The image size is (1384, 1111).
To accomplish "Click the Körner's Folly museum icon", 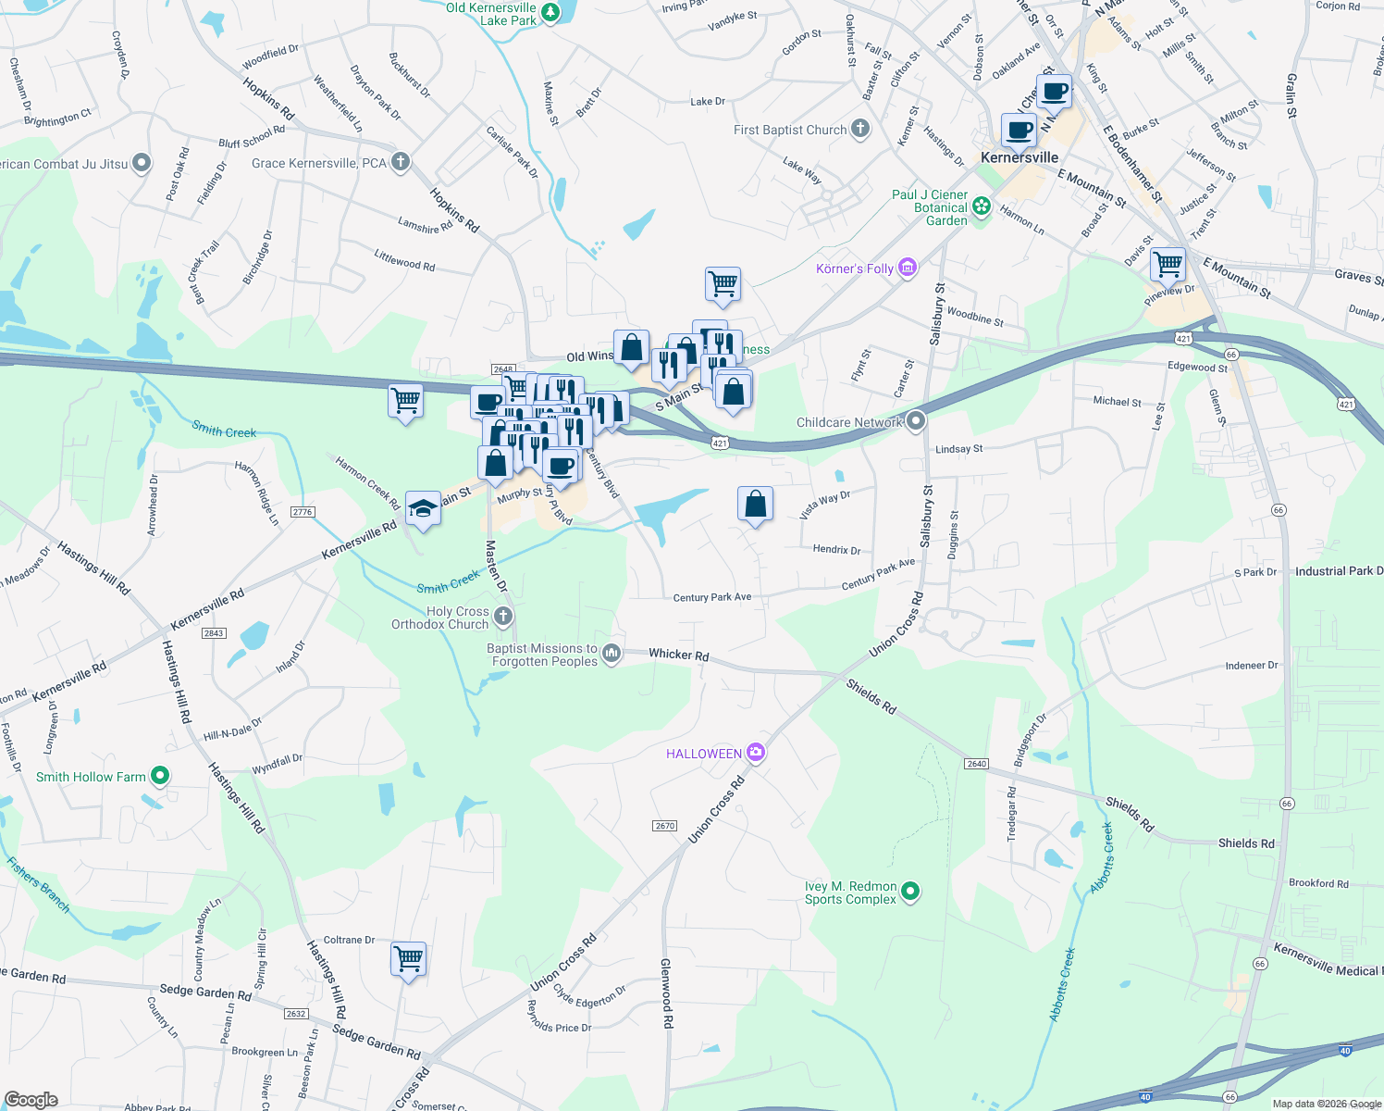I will pos(908,268).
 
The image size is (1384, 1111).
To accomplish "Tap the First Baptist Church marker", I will pos(860,129).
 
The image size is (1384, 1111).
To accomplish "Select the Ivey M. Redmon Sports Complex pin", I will pos(910,892).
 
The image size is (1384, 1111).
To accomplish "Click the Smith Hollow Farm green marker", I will pos(160,776).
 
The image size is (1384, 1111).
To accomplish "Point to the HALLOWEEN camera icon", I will pos(756,753).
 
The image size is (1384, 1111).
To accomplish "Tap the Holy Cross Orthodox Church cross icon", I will pos(503,616).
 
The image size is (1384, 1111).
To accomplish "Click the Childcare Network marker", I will pos(916,421).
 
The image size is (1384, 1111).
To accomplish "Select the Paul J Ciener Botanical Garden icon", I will pos(982,206).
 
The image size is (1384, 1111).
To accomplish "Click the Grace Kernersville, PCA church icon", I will pos(400,162).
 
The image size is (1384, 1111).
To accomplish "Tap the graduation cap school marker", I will pos(423,508).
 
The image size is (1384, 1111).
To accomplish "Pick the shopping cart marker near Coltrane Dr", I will pos(408,957).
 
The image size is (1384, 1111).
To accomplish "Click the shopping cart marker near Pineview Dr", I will pos(1168,264).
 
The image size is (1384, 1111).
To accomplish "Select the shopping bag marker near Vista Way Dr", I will pos(755,504).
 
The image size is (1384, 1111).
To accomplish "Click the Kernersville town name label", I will pos(1019,157).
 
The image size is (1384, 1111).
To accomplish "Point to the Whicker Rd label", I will pos(678,655).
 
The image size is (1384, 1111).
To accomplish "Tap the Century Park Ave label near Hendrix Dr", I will pos(878,573).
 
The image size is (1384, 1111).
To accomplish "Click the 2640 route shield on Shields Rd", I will pos(977,764).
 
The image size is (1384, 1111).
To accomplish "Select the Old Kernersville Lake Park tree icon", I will pos(550,13).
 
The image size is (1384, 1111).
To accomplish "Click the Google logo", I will pos(31,1099).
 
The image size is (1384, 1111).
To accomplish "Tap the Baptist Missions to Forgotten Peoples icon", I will pos(612,654).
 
